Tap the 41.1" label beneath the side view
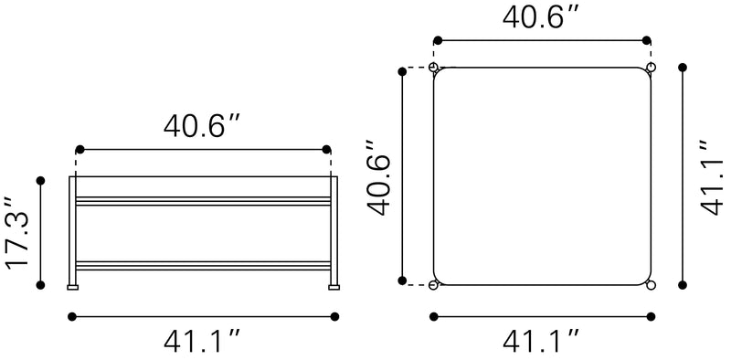click(203, 342)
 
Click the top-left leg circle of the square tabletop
click(434, 68)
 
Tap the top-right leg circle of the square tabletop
click(651, 68)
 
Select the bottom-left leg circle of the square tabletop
click(434, 285)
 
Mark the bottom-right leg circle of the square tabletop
click(651, 285)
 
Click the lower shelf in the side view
click(203, 265)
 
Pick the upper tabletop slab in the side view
click(203, 200)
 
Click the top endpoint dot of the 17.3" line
click(40, 180)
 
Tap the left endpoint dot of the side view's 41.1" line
click(72, 316)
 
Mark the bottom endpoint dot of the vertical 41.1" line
click(683, 285)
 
